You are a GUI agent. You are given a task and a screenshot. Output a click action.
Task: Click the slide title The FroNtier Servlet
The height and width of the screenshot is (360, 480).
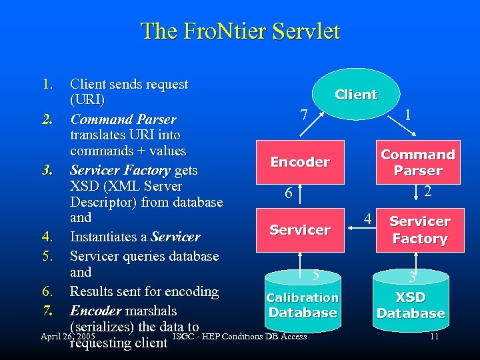(x=240, y=31)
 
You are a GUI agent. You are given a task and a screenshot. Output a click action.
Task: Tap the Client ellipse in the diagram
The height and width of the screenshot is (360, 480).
(x=356, y=95)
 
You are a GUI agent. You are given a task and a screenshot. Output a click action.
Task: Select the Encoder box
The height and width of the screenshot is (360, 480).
(x=300, y=162)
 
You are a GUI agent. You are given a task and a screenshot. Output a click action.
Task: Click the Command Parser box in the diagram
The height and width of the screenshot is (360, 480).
(x=418, y=163)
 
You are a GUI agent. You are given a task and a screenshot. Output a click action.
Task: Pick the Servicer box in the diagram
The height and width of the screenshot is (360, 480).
(x=300, y=230)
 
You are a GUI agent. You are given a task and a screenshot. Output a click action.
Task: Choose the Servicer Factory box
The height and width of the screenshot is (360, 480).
(x=420, y=230)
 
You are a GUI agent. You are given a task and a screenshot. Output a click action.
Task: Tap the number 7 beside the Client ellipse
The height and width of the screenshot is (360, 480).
(x=304, y=115)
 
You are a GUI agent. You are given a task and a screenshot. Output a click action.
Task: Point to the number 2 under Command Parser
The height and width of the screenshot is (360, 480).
(x=429, y=191)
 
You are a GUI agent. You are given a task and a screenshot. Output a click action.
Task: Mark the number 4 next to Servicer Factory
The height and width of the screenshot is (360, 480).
(x=367, y=219)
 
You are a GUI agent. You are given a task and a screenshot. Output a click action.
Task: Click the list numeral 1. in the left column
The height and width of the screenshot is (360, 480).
(x=47, y=85)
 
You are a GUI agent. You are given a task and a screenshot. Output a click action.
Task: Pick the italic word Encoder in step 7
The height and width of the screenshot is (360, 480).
(x=96, y=311)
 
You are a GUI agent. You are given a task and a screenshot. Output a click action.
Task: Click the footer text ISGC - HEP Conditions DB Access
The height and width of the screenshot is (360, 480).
(x=239, y=336)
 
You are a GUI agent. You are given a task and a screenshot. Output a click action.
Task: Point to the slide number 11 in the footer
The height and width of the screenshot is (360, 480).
(x=434, y=337)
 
